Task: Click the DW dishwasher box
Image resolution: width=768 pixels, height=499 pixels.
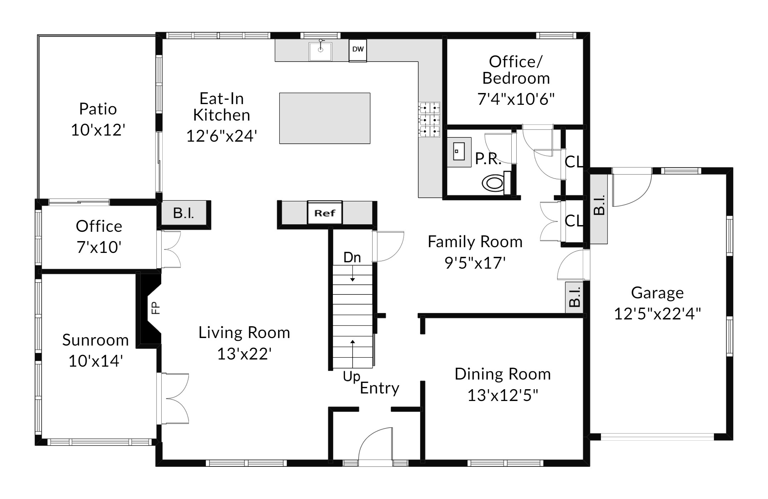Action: (x=358, y=50)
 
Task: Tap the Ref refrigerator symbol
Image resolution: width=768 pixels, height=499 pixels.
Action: (x=325, y=213)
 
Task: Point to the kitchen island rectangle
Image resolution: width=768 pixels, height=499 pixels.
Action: (x=325, y=118)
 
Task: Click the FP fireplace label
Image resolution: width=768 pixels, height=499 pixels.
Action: (x=155, y=308)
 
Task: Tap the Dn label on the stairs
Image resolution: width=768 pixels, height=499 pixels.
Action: (x=352, y=258)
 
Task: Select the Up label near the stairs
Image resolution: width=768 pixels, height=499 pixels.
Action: (x=351, y=377)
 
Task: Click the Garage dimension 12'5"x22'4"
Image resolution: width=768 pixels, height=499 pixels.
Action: (x=658, y=314)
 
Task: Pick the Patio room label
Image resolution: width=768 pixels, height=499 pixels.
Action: (x=98, y=109)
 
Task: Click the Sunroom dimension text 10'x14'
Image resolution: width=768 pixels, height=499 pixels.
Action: (x=96, y=361)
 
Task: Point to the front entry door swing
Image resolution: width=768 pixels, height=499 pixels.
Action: (x=375, y=445)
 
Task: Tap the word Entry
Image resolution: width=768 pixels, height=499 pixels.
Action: (x=380, y=388)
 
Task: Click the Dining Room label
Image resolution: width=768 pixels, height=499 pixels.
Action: (x=503, y=374)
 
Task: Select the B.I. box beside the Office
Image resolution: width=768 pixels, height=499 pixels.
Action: (x=184, y=213)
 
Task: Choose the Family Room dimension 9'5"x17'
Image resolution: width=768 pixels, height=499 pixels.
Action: (x=475, y=263)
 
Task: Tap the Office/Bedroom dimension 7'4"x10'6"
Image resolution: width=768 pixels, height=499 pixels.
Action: (x=516, y=99)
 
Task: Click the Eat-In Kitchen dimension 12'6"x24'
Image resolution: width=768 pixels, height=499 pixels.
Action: (x=222, y=136)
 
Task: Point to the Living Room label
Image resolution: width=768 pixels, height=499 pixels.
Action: (x=244, y=333)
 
